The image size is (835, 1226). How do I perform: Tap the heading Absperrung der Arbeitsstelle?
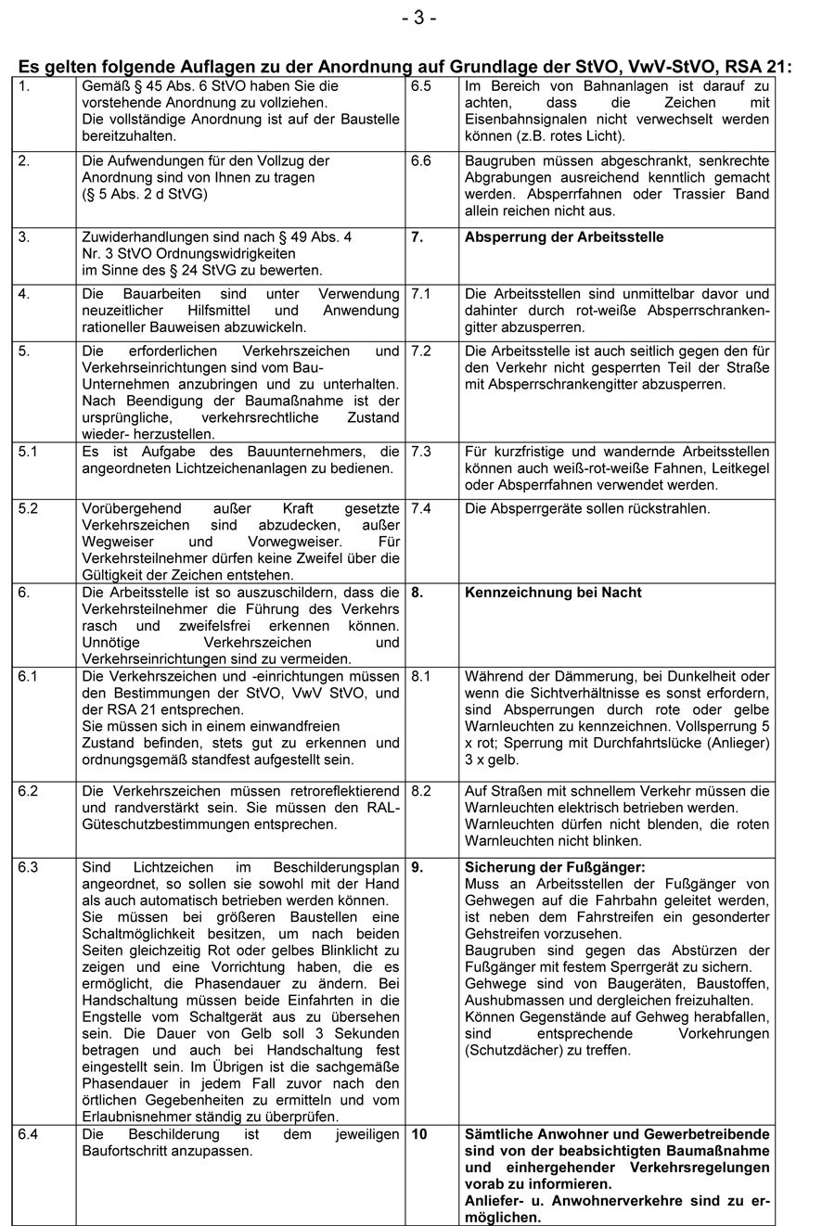pos(564,237)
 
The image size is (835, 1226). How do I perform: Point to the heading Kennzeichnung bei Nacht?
pos(553,593)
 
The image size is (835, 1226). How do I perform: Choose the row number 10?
pos(419,1134)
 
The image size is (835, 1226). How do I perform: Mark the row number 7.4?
pos(421,509)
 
